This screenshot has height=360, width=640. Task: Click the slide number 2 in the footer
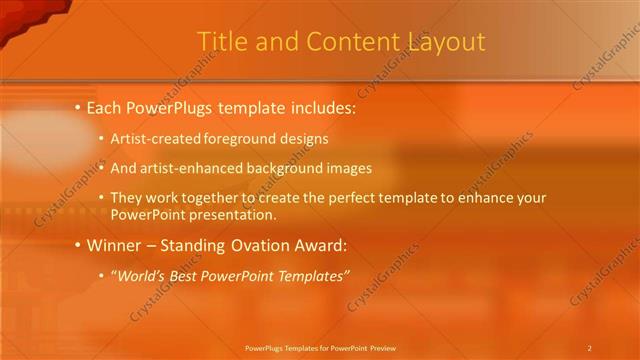[x=589, y=347]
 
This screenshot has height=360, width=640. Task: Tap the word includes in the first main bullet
[x=315, y=106]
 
